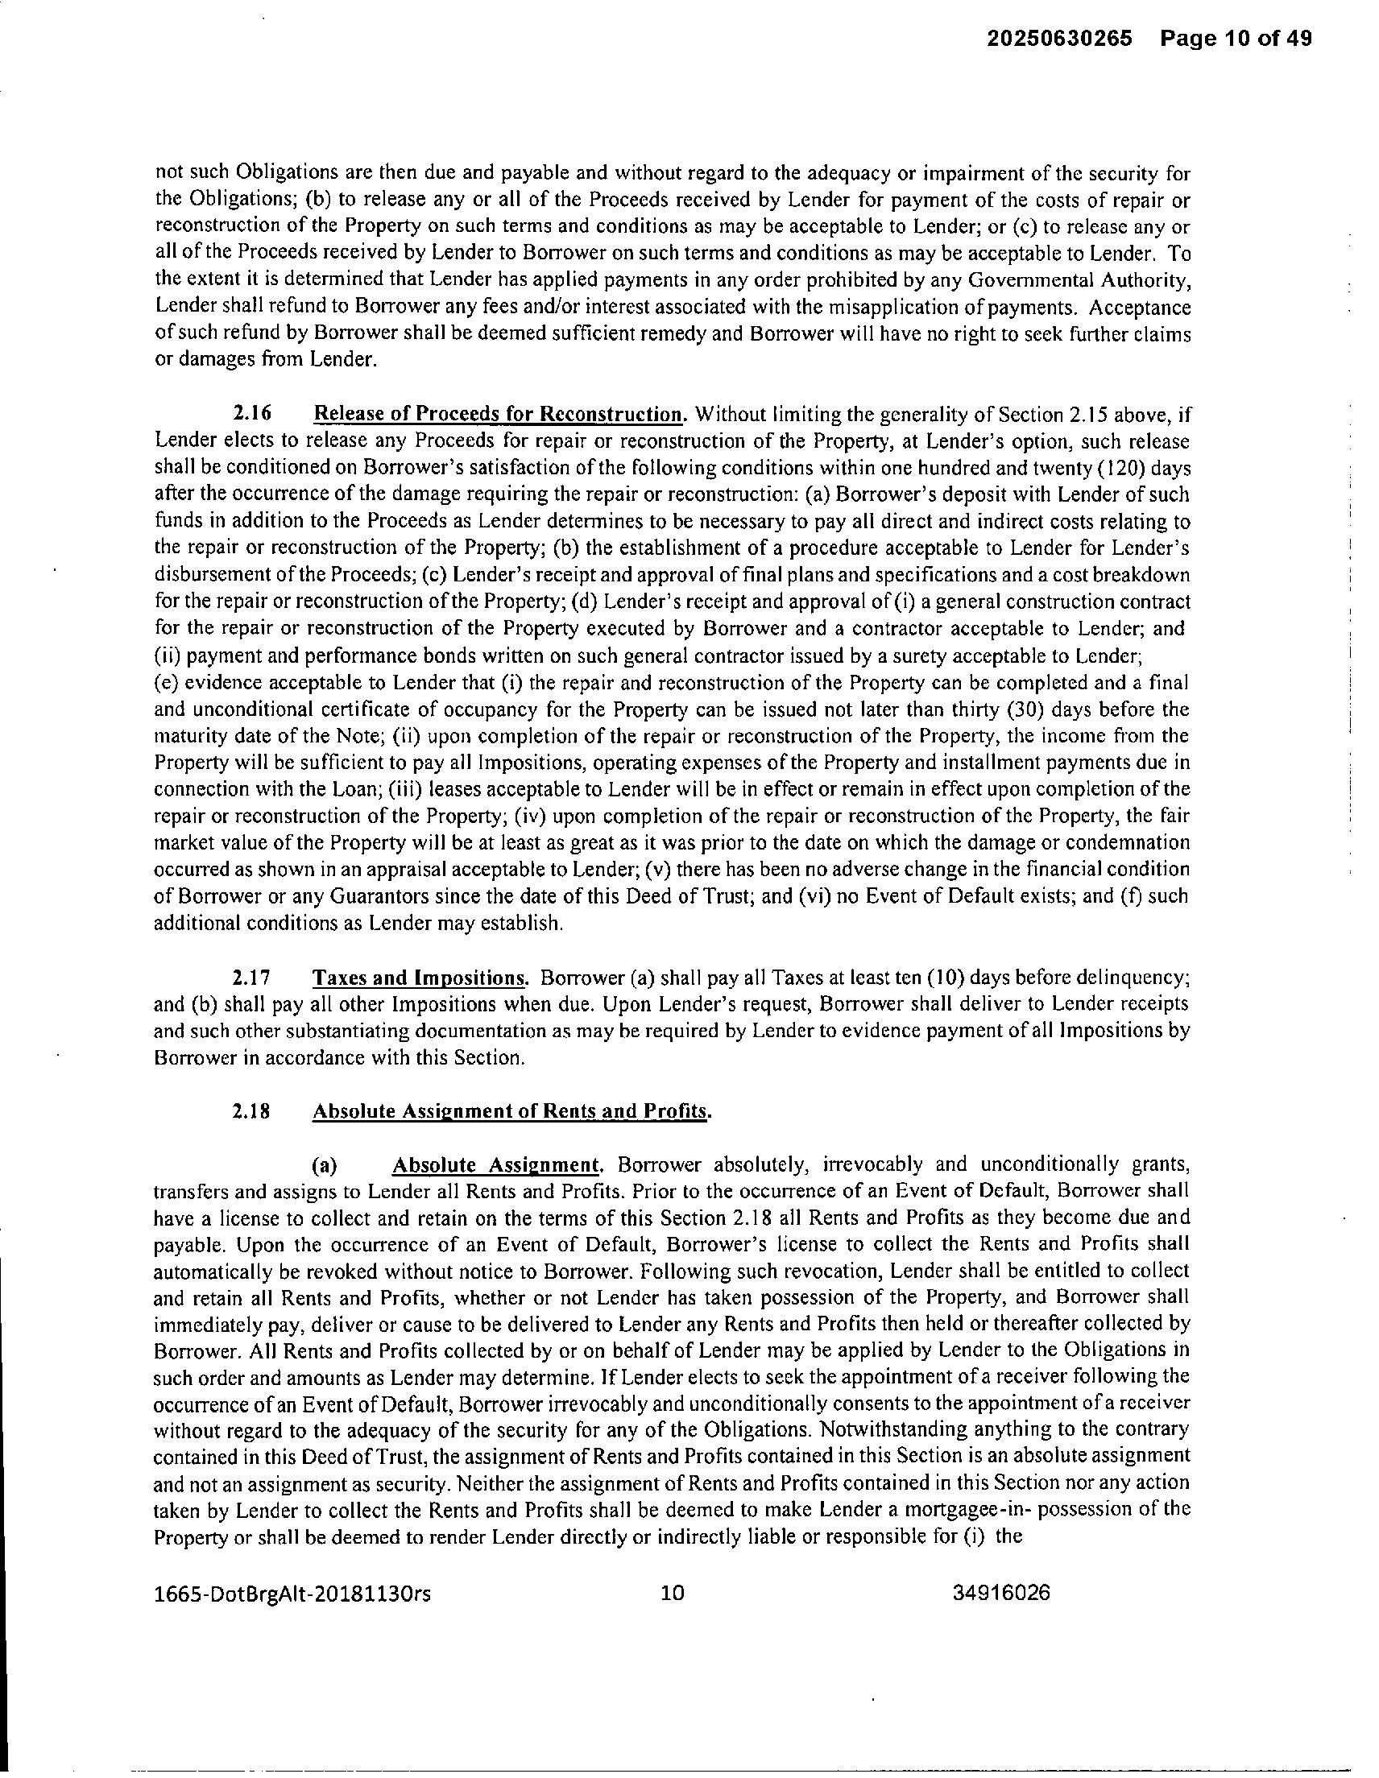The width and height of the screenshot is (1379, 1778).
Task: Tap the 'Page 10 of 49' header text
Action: (x=1236, y=39)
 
